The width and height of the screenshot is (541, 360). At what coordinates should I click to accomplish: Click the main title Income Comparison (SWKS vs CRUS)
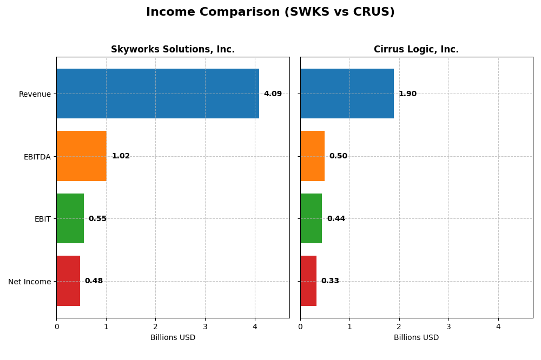(270, 12)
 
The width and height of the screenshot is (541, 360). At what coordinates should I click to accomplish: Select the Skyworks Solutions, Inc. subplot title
(173, 49)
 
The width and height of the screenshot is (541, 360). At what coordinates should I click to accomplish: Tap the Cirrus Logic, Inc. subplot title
(416, 49)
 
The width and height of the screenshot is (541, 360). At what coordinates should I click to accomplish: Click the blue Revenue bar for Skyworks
(157, 94)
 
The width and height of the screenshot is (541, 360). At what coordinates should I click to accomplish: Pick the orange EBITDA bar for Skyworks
(81, 156)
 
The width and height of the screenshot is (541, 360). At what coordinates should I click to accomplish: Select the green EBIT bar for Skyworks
(70, 218)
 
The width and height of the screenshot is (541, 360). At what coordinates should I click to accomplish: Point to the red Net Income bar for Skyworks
(68, 281)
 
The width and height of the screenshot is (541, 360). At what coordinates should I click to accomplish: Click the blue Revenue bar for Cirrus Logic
(347, 94)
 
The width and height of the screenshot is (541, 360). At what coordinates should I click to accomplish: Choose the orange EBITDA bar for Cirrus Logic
(312, 156)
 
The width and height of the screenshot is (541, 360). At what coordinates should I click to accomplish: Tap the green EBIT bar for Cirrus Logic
(311, 218)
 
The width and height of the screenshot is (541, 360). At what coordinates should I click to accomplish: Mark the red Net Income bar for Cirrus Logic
(308, 281)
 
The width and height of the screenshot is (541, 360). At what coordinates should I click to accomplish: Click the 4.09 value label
(273, 94)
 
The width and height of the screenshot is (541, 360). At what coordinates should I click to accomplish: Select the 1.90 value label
(407, 94)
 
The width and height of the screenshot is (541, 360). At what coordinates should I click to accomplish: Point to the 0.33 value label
(330, 281)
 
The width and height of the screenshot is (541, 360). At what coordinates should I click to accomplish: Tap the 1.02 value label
(121, 156)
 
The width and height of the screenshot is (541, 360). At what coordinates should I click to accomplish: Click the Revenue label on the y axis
(35, 94)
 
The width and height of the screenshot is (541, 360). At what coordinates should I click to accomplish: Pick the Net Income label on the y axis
(29, 282)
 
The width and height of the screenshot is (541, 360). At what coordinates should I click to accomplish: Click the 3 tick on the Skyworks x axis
(205, 326)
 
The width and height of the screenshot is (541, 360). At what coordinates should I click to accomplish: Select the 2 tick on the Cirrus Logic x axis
(399, 326)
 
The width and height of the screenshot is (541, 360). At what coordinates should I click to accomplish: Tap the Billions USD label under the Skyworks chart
(173, 337)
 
